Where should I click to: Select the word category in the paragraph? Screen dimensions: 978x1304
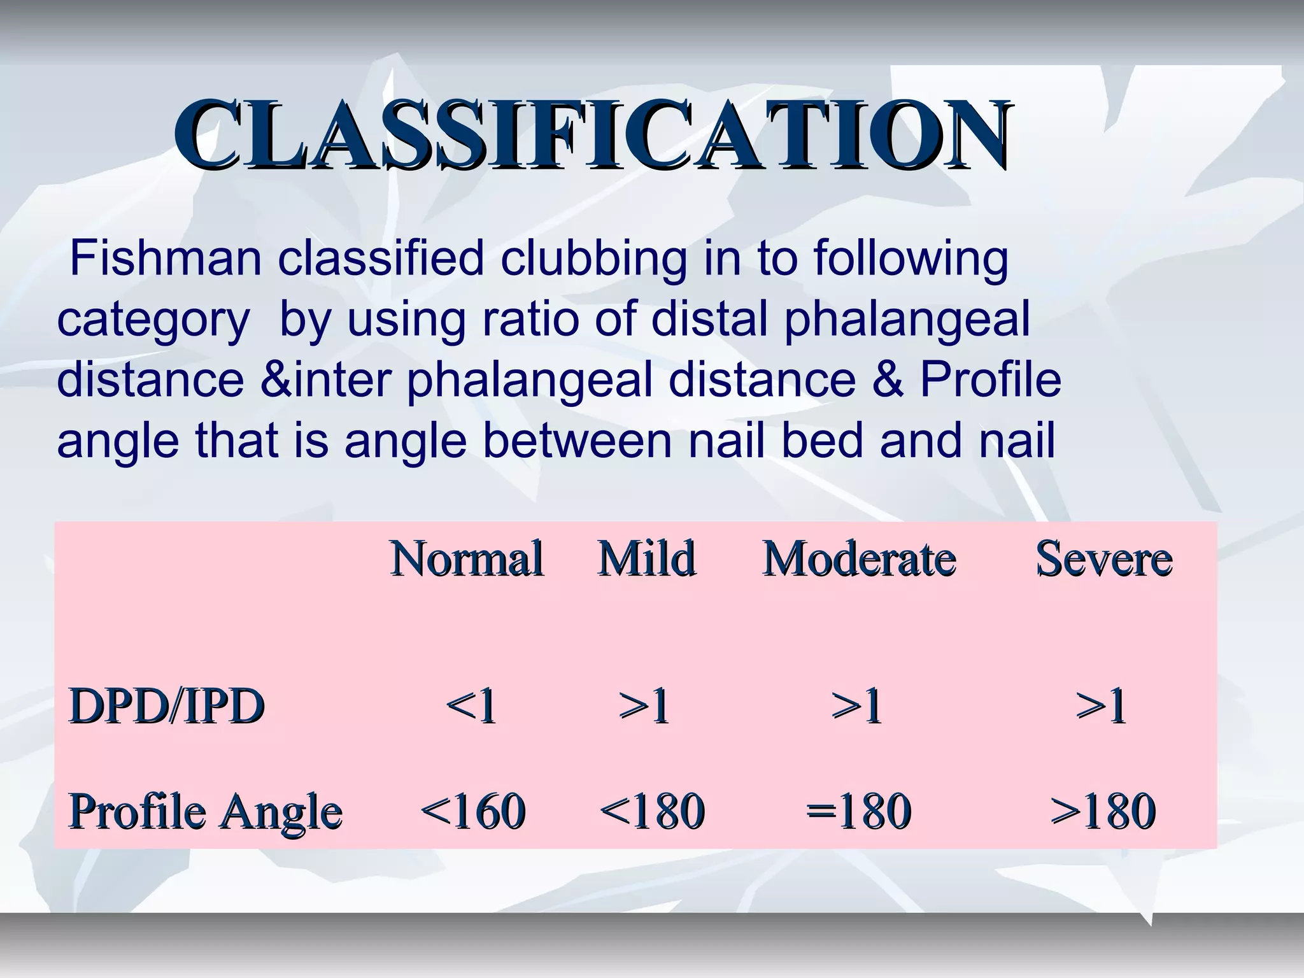(x=153, y=320)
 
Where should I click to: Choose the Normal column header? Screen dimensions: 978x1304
(x=467, y=559)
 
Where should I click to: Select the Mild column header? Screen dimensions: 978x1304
(x=646, y=559)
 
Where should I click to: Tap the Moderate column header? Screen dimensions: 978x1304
(x=860, y=559)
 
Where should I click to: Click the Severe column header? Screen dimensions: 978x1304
(x=1103, y=559)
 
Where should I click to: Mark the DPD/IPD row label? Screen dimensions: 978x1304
(x=166, y=707)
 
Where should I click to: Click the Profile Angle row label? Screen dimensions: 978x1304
(x=205, y=811)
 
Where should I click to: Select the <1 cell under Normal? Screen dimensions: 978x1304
(x=471, y=707)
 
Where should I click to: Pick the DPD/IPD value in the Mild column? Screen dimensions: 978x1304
(x=644, y=707)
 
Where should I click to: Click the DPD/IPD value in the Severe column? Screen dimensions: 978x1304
(x=1101, y=707)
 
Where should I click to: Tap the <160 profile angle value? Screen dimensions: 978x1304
(x=472, y=811)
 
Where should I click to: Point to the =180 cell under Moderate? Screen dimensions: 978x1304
(x=858, y=811)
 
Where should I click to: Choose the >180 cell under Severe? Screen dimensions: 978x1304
(x=1103, y=811)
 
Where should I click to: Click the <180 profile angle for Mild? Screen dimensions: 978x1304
(x=652, y=811)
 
